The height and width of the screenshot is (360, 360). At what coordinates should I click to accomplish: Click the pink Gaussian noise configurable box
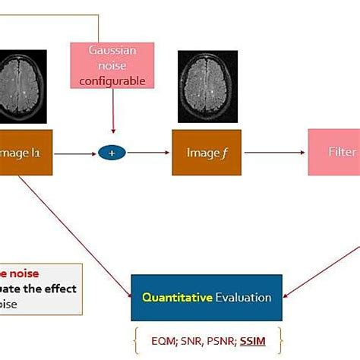coord(112,65)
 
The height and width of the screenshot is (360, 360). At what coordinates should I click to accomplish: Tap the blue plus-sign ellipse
coord(112,153)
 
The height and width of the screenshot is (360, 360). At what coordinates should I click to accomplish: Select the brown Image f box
coord(202,153)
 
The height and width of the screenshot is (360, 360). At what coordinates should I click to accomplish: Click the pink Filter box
coord(333,152)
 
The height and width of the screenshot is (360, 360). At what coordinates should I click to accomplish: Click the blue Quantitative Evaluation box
coord(206,297)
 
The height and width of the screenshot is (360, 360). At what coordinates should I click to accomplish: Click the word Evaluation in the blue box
coord(243,297)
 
